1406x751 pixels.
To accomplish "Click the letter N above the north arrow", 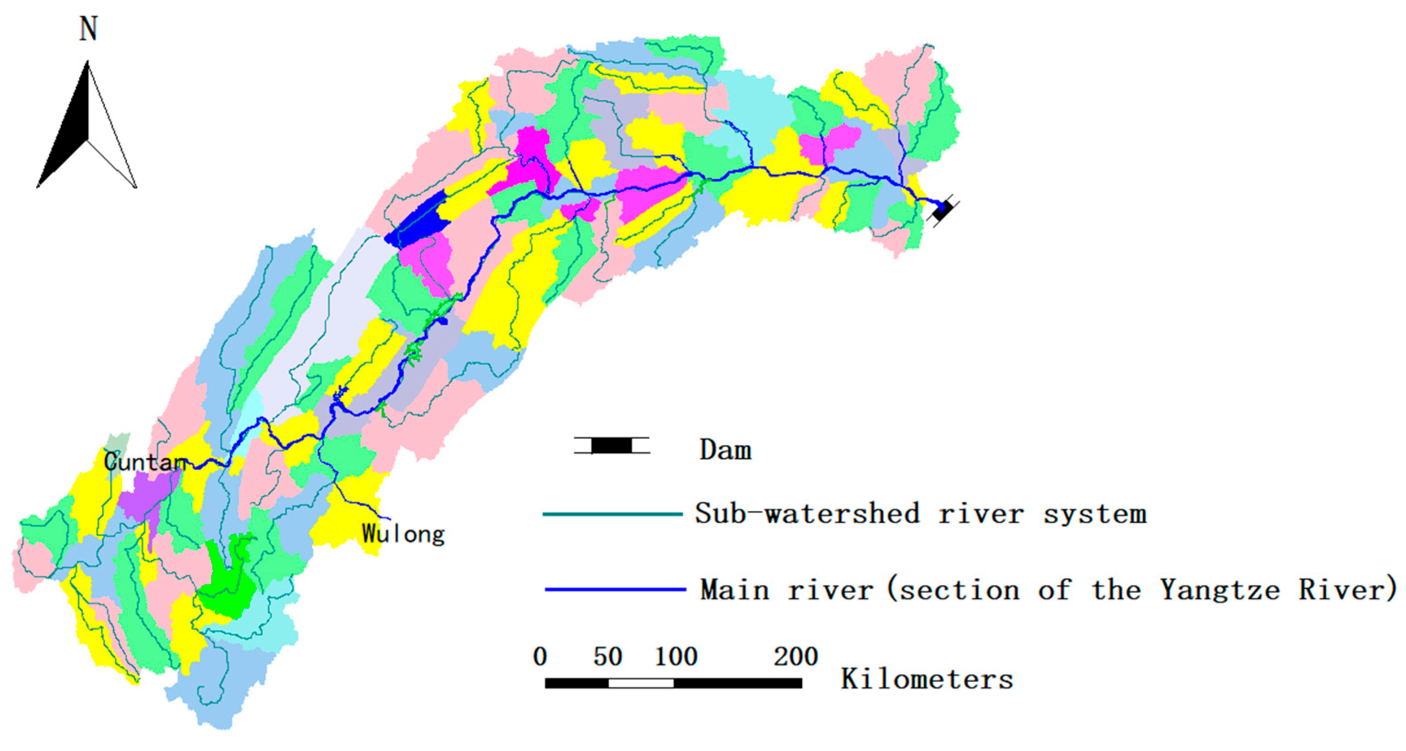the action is [x=88, y=29].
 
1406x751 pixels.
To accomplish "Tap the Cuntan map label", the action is [x=145, y=463].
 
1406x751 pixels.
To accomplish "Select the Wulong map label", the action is [x=403, y=534].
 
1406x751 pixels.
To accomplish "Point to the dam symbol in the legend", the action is [x=611, y=446].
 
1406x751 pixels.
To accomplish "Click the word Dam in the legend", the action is [x=725, y=450].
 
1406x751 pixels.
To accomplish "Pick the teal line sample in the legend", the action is [x=612, y=514].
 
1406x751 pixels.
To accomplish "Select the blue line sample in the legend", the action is [x=615, y=589].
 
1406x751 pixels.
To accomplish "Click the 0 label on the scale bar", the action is [x=540, y=657].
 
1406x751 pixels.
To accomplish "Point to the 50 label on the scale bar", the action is [x=607, y=657].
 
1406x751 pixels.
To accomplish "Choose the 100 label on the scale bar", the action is [x=676, y=657].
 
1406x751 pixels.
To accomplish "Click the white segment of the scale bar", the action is [x=641, y=683].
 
